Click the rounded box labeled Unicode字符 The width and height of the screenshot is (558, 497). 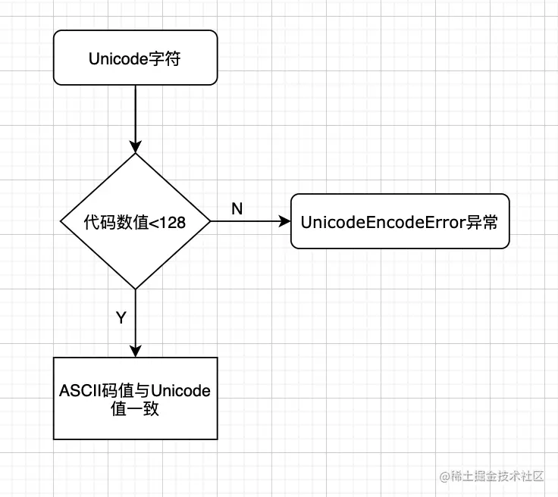[135, 58]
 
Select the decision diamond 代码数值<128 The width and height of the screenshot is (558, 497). [135, 221]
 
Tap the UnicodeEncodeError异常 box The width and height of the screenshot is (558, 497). [400, 221]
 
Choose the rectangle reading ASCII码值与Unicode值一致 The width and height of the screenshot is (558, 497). [135, 399]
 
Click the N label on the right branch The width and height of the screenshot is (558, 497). [237, 208]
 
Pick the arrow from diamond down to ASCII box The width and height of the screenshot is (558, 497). [135, 322]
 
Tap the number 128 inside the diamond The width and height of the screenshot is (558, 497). [173, 222]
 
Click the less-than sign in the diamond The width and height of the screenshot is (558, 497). [154, 222]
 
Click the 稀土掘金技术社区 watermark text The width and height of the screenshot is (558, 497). [498, 476]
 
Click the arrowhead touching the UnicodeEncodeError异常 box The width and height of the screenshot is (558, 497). [285, 221]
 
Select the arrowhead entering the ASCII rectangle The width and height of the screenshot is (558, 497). [135, 351]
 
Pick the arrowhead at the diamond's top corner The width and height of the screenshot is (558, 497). [135, 147]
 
